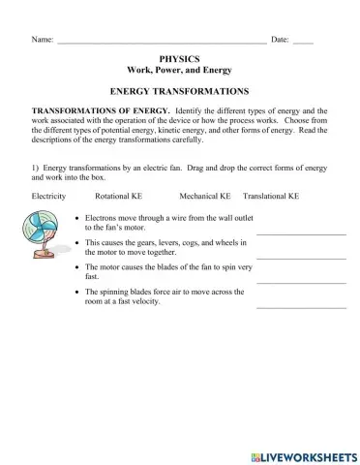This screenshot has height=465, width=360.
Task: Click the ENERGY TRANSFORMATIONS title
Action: pos(180,89)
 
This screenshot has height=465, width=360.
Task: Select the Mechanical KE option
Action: pos(204,196)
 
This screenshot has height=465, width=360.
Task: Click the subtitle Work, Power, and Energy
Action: pos(180,71)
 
